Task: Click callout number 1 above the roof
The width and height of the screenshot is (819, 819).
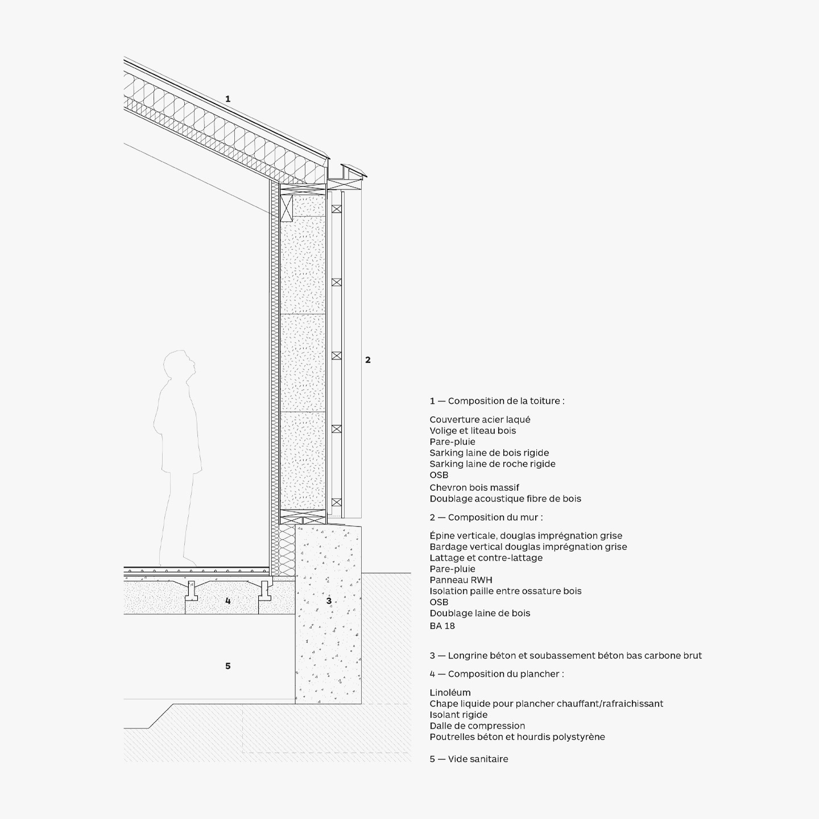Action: (x=228, y=99)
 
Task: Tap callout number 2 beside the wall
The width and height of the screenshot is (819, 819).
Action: (x=368, y=360)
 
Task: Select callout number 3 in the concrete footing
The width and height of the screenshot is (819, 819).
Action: (x=329, y=601)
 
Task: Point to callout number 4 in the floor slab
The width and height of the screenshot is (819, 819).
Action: (x=228, y=601)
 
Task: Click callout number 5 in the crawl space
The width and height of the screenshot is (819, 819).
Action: (x=228, y=666)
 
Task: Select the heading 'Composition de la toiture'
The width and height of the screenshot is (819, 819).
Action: (x=506, y=401)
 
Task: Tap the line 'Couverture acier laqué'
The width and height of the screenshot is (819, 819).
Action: (x=480, y=420)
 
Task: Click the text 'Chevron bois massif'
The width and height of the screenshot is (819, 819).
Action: (x=474, y=487)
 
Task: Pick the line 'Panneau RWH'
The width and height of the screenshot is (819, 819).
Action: (x=461, y=580)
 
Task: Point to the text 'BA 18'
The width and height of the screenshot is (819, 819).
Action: (x=442, y=626)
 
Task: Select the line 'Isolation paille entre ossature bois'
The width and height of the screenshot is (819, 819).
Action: (x=506, y=591)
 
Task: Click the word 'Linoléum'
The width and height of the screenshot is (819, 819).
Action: (x=450, y=692)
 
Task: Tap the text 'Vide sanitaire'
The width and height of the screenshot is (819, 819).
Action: (x=478, y=759)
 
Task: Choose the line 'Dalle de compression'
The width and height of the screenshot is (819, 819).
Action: (x=477, y=726)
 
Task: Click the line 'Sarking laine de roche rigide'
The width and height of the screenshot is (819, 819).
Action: (x=493, y=464)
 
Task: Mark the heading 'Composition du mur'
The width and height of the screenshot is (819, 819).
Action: (x=495, y=517)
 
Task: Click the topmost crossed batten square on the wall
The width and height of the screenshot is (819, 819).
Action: (x=337, y=209)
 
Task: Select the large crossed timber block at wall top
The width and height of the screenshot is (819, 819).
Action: (x=287, y=208)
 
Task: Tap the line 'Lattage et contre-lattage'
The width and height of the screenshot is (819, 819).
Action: (x=486, y=557)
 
